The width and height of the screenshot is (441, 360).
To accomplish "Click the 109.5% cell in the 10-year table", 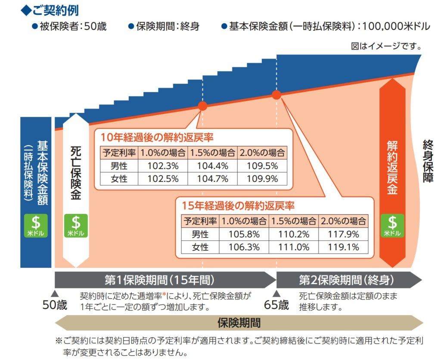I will [x=262, y=166].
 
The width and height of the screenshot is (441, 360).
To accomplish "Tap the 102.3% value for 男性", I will [x=163, y=166].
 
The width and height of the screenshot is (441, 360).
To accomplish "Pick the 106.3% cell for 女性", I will [x=244, y=247].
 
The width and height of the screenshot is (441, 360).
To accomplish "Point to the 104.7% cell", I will [x=212, y=178].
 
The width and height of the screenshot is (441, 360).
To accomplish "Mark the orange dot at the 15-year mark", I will [x=276, y=94].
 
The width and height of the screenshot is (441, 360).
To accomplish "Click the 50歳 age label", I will [x=55, y=305].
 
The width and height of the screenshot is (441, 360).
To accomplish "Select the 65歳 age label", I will [x=276, y=305].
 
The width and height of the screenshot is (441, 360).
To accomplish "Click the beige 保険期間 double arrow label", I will [x=239, y=322].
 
